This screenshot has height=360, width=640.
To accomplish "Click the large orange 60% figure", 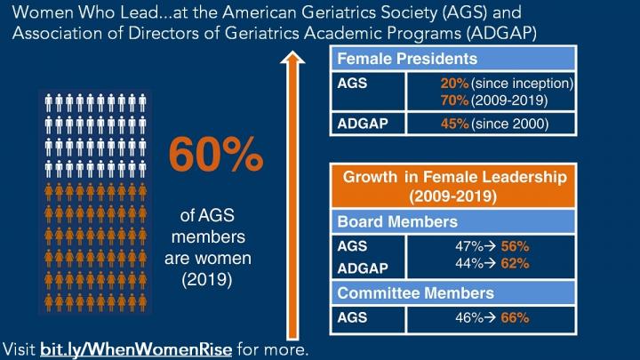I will (x=216, y=156).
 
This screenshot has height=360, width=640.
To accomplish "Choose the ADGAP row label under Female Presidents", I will (x=361, y=123).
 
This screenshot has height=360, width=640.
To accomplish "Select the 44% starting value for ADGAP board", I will (x=468, y=263).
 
